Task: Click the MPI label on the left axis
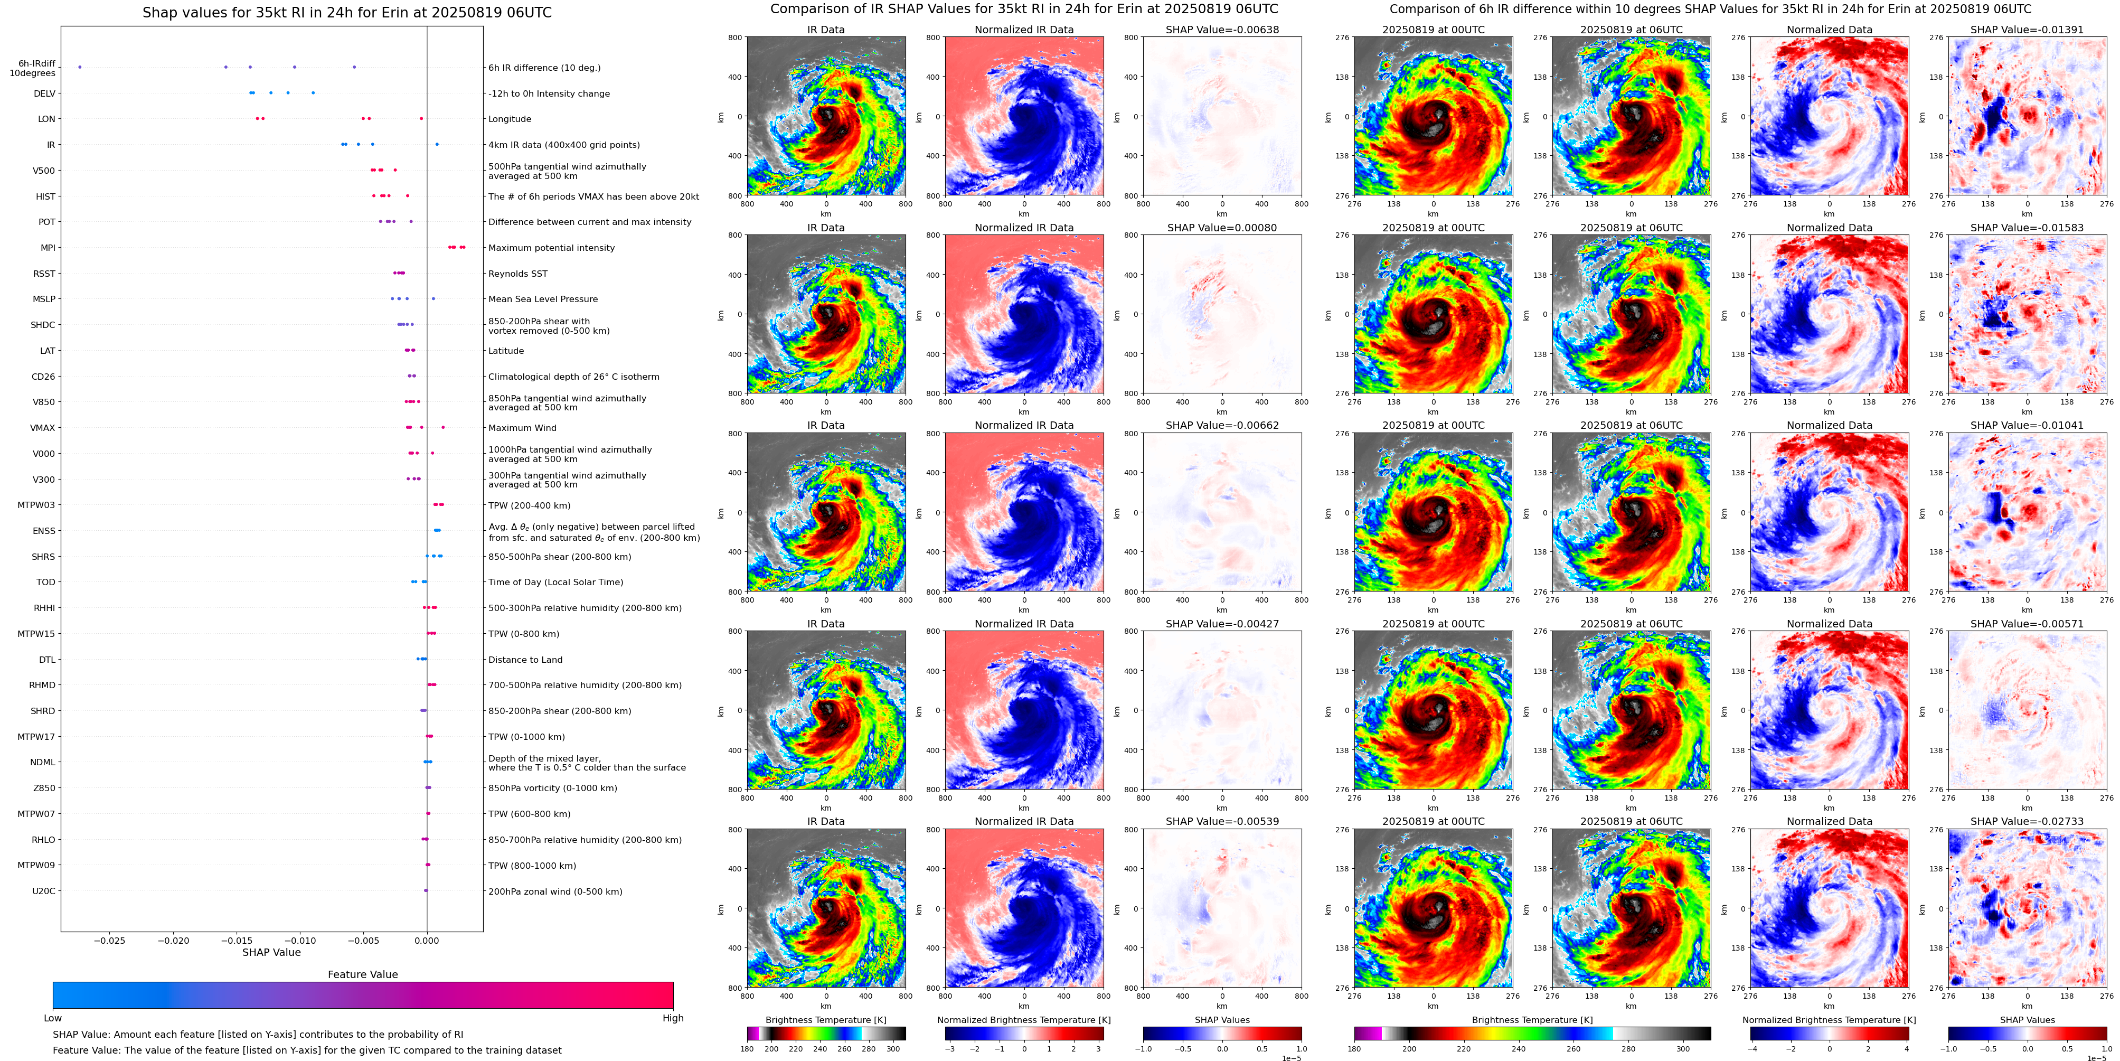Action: tap(48, 248)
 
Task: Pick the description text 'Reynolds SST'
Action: tap(517, 273)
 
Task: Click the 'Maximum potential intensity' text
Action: tap(551, 248)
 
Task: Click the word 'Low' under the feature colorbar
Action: tap(53, 1018)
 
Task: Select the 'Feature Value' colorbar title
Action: tap(362, 974)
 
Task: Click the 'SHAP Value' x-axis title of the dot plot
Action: tap(271, 952)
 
